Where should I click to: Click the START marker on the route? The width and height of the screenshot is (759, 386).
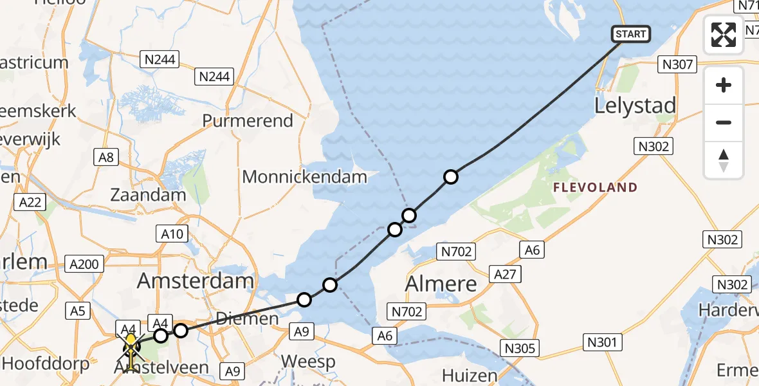pyautogui.click(x=630, y=33)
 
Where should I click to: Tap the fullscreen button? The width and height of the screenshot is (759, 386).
pyautogui.click(x=724, y=34)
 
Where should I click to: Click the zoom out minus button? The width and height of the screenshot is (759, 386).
pyautogui.click(x=724, y=122)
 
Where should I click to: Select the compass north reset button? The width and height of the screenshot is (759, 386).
pyautogui.click(x=724, y=160)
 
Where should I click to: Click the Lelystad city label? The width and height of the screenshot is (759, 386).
pyautogui.click(x=636, y=106)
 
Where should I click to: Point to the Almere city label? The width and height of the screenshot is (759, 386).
pyautogui.click(x=441, y=283)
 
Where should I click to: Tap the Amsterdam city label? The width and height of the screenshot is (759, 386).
pyautogui.click(x=196, y=280)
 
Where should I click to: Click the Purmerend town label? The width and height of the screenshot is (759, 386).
pyautogui.click(x=248, y=120)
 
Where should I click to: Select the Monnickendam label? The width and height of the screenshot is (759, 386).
pyautogui.click(x=305, y=176)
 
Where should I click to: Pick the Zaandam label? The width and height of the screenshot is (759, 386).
pyautogui.click(x=148, y=194)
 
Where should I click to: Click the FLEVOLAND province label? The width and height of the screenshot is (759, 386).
pyautogui.click(x=596, y=188)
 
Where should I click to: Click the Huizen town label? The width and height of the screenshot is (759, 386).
pyautogui.click(x=470, y=375)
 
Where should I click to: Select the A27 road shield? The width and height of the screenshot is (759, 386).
pyautogui.click(x=505, y=275)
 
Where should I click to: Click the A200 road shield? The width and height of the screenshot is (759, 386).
pyautogui.click(x=85, y=263)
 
